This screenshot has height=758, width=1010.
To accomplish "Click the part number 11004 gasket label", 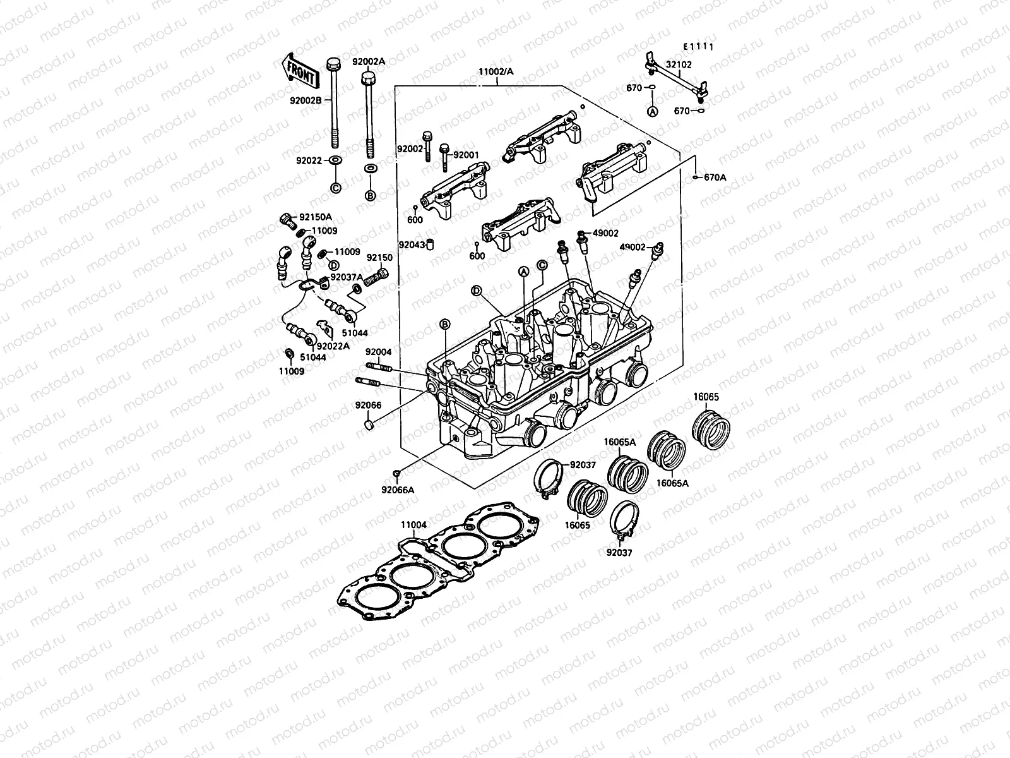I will [413, 524].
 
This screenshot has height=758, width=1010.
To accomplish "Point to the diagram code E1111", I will [699, 47].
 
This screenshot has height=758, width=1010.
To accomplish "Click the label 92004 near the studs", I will [378, 352].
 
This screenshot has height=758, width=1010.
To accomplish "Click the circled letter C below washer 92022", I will [335, 188].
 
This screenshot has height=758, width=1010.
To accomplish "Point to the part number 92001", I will [466, 154].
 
